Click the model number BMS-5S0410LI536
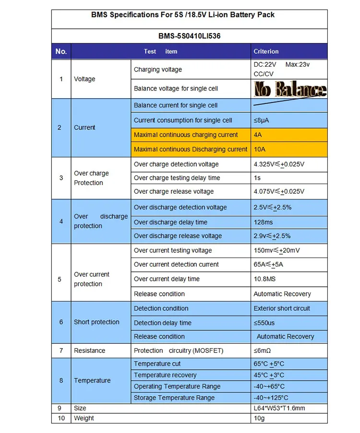coord(189,36)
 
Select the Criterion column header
coord(266,51)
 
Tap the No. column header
coord(61,51)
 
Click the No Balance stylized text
coord(290,89)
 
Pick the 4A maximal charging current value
coord(258,135)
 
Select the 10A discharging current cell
coord(259,149)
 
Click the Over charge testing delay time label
coord(177,178)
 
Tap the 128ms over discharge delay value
coord(264,222)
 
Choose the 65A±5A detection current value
coord(268,264)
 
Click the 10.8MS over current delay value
coord(265,279)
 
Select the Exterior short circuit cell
coord(282,308)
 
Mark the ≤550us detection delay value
coord(264,323)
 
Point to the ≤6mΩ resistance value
coord(262,351)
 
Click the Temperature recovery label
coord(165,375)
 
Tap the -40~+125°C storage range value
coord(271,398)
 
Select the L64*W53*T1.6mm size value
coord(279,408)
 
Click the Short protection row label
coord(96,322)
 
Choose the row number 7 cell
coord(61,351)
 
